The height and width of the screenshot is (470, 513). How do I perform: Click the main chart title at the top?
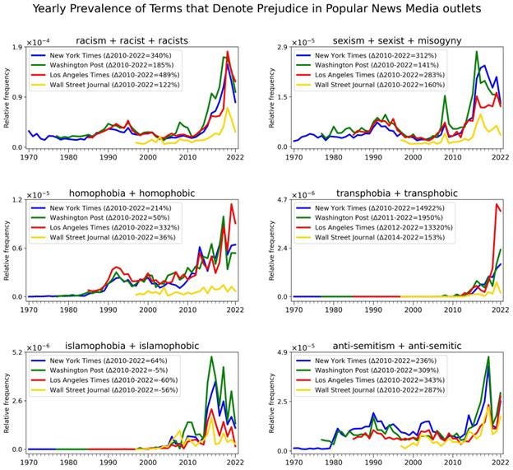pos(257,9)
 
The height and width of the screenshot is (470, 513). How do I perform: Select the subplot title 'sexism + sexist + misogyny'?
pos(398,40)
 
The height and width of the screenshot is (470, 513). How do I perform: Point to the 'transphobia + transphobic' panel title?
pos(398,193)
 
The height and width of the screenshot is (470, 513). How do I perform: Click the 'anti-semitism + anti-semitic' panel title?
pos(398,346)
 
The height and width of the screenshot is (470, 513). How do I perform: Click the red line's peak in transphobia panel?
pos(496,205)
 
